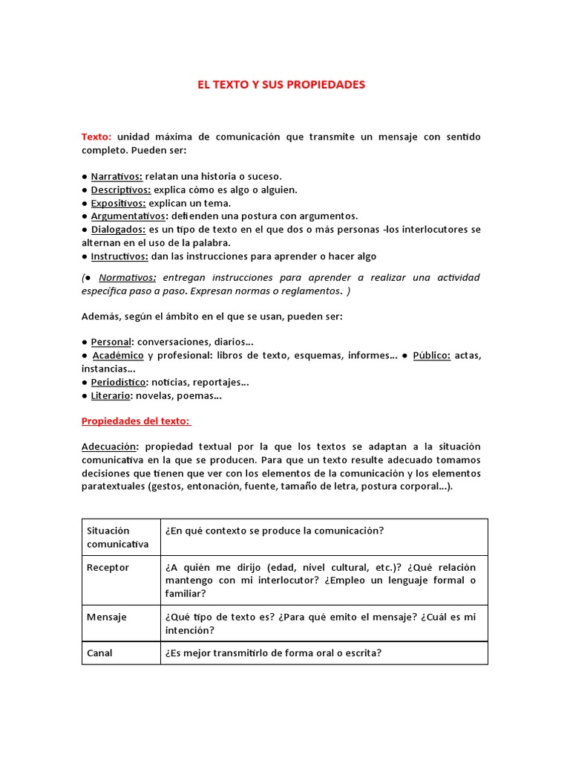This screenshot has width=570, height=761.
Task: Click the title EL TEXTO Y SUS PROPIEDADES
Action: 281,85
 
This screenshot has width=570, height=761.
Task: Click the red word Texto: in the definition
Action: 96,137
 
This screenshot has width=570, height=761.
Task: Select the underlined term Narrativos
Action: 117,176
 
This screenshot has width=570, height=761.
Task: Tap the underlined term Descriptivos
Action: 121,190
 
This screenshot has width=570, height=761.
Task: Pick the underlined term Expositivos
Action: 119,203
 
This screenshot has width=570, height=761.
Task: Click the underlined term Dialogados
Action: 119,230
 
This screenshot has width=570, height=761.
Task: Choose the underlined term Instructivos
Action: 120,256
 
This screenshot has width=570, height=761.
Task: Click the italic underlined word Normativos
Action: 128,277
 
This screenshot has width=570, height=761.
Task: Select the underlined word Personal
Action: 111,342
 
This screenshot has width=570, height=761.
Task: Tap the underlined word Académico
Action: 119,355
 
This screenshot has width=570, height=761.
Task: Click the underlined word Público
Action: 431,355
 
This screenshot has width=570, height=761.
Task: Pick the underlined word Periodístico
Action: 119,382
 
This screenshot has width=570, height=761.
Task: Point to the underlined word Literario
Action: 111,395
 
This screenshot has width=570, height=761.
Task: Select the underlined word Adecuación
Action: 110,447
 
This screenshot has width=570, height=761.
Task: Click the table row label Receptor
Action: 108,568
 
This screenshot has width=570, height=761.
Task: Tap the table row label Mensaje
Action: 107,617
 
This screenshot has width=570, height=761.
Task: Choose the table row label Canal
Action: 99,653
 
